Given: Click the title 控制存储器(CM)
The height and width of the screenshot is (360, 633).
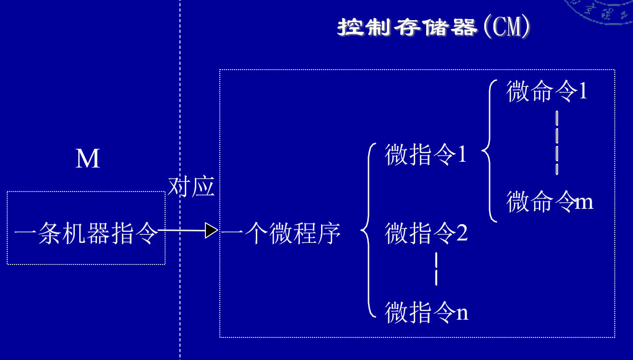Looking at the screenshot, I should click(434, 28).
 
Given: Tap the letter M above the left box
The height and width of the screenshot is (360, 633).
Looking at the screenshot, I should click(88, 159).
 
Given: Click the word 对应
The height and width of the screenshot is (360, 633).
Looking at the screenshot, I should click(191, 187).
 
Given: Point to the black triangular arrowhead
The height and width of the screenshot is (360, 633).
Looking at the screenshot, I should click(211, 230).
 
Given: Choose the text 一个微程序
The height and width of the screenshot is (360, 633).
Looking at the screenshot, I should click(281, 234).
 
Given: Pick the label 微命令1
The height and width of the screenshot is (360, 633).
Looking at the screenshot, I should click(547, 91).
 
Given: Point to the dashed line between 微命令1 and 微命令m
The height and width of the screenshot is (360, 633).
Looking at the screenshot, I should click(557, 143).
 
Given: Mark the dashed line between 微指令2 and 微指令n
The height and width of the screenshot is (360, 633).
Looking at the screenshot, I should click(436, 269).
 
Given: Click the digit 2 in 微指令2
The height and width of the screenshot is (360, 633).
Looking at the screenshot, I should click(462, 234).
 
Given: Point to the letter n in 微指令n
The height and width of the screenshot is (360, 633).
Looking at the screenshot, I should click(462, 313).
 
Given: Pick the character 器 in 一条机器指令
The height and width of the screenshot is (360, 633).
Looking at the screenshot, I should click(98, 234).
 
